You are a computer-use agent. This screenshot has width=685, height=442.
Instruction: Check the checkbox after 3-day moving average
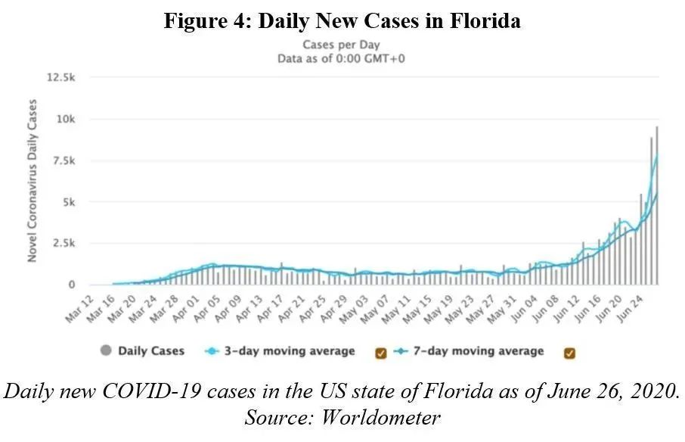[x=380, y=352]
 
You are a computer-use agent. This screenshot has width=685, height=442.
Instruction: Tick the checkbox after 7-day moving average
[x=569, y=352]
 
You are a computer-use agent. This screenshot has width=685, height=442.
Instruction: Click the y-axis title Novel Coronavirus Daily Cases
[x=33, y=181]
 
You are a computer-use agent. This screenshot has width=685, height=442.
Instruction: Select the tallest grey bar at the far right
[x=656, y=205]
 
